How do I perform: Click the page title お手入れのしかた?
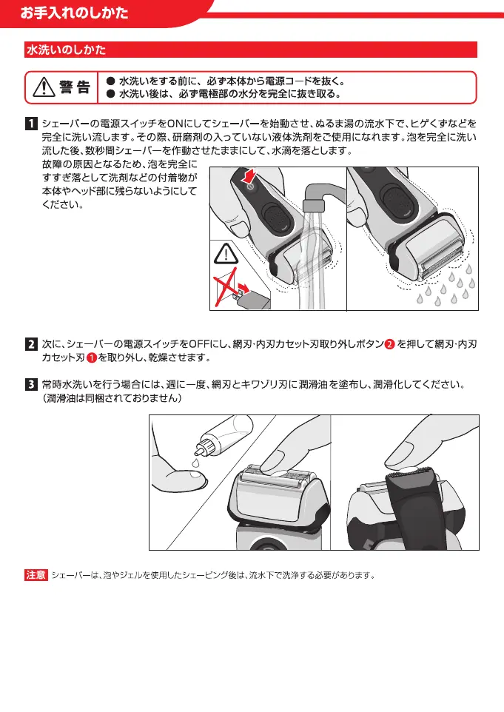pyautogui.click(x=74, y=13)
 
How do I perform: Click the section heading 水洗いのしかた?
pyautogui.click(x=67, y=50)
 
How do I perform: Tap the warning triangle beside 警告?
pyautogui.click(x=44, y=87)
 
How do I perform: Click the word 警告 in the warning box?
pyautogui.click(x=75, y=87)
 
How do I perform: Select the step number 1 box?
pyautogui.click(x=31, y=124)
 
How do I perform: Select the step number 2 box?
pyautogui.click(x=31, y=344)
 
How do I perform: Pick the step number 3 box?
pyautogui.click(x=31, y=385)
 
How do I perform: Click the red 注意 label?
pyautogui.click(x=36, y=575)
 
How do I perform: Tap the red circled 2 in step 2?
pyautogui.click(x=389, y=345)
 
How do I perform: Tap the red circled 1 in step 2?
pyautogui.click(x=91, y=357)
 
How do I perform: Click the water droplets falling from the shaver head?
pyautogui.click(x=446, y=287)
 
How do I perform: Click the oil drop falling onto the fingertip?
pyautogui.click(x=195, y=463)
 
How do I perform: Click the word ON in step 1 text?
pyautogui.click(x=175, y=124)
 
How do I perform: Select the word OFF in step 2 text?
pyautogui.click(x=199, y=344)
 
